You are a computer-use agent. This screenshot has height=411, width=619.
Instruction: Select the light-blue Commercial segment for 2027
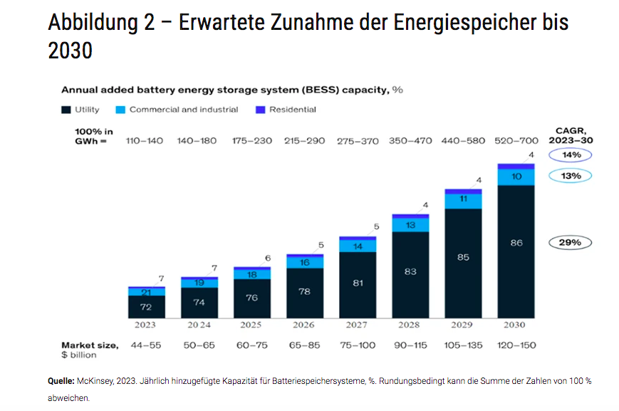(357, 246)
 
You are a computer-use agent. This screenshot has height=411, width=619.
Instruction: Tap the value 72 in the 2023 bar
(145, 307)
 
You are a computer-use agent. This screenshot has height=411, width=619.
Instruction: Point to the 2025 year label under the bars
(251, 325)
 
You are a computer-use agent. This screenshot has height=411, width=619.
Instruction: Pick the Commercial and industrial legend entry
(177, 110)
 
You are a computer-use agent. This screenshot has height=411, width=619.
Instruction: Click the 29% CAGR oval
(570, 243)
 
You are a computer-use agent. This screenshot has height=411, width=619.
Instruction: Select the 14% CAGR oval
(570, 155)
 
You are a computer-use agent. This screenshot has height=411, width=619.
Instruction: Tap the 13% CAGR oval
(570, 175)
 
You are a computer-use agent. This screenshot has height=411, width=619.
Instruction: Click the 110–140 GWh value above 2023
(145, 140)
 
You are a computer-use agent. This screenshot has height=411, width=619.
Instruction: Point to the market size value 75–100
(357, 345)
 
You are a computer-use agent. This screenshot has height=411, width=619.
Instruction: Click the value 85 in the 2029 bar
(463, 257)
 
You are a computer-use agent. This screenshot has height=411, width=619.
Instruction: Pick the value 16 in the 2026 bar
(304, 263)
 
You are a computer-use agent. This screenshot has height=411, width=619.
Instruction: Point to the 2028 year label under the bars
(410, 325)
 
